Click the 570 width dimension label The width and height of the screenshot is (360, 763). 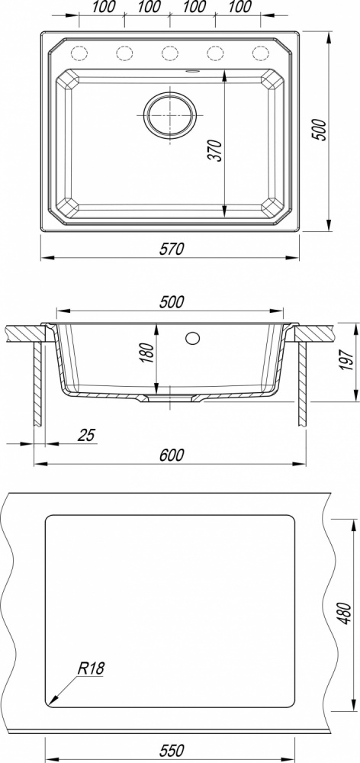tap(171, 249)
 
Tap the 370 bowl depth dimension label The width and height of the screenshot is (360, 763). tap(217, 150)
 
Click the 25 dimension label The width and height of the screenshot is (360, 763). tap(88, 435)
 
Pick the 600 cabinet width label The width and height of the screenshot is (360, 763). tap(172, 455)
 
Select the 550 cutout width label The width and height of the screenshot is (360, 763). tap(172, 750)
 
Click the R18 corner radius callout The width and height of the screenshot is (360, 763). tap(91, 668)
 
